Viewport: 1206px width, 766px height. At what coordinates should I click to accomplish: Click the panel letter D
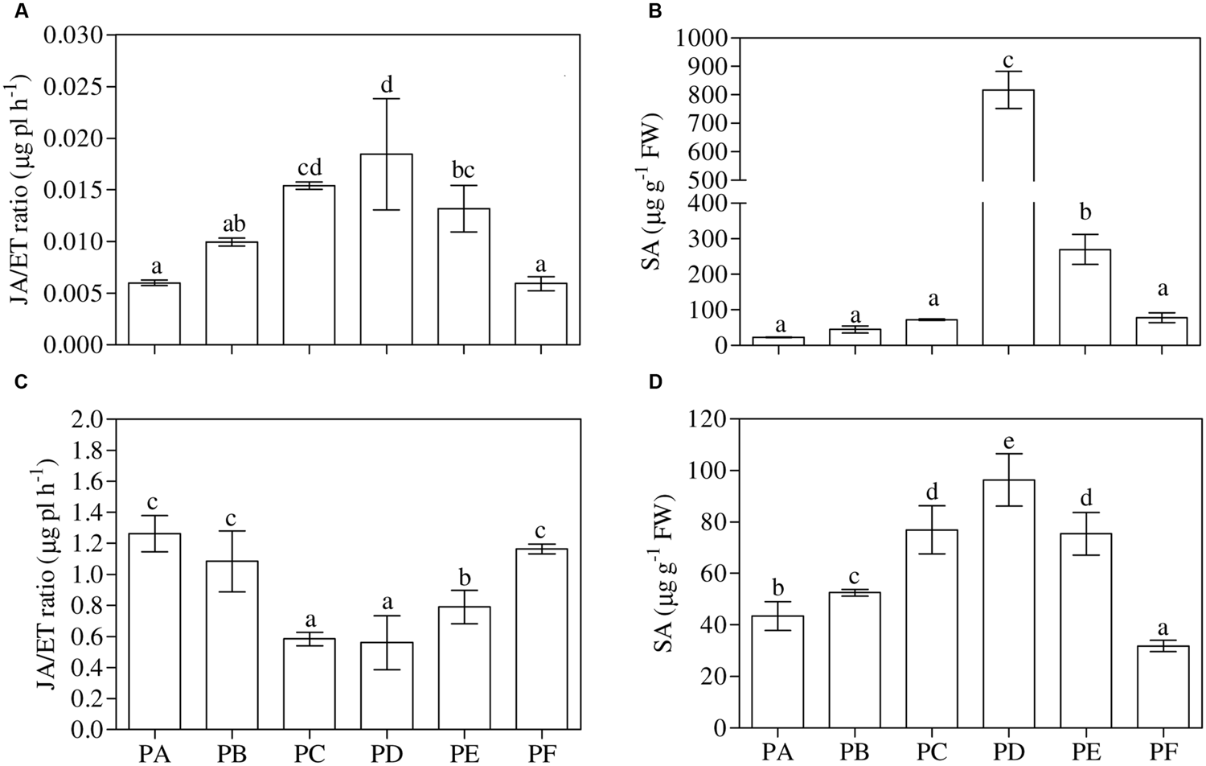655,381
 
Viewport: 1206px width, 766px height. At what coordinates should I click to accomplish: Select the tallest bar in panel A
386,249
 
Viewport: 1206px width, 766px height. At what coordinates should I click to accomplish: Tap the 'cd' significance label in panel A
309,167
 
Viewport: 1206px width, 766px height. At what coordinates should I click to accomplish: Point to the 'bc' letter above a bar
463,170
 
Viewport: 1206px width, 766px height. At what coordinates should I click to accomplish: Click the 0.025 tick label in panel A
73,87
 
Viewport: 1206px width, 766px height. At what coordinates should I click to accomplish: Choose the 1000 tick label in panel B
702,38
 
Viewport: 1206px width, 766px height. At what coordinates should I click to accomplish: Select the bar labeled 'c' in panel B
1007,217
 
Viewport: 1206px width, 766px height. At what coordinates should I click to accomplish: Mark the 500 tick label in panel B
708,180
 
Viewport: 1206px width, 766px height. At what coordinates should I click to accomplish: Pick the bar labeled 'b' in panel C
463,667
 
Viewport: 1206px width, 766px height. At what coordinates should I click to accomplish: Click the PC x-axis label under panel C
309,754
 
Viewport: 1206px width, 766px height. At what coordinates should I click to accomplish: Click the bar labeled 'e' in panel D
1007,603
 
